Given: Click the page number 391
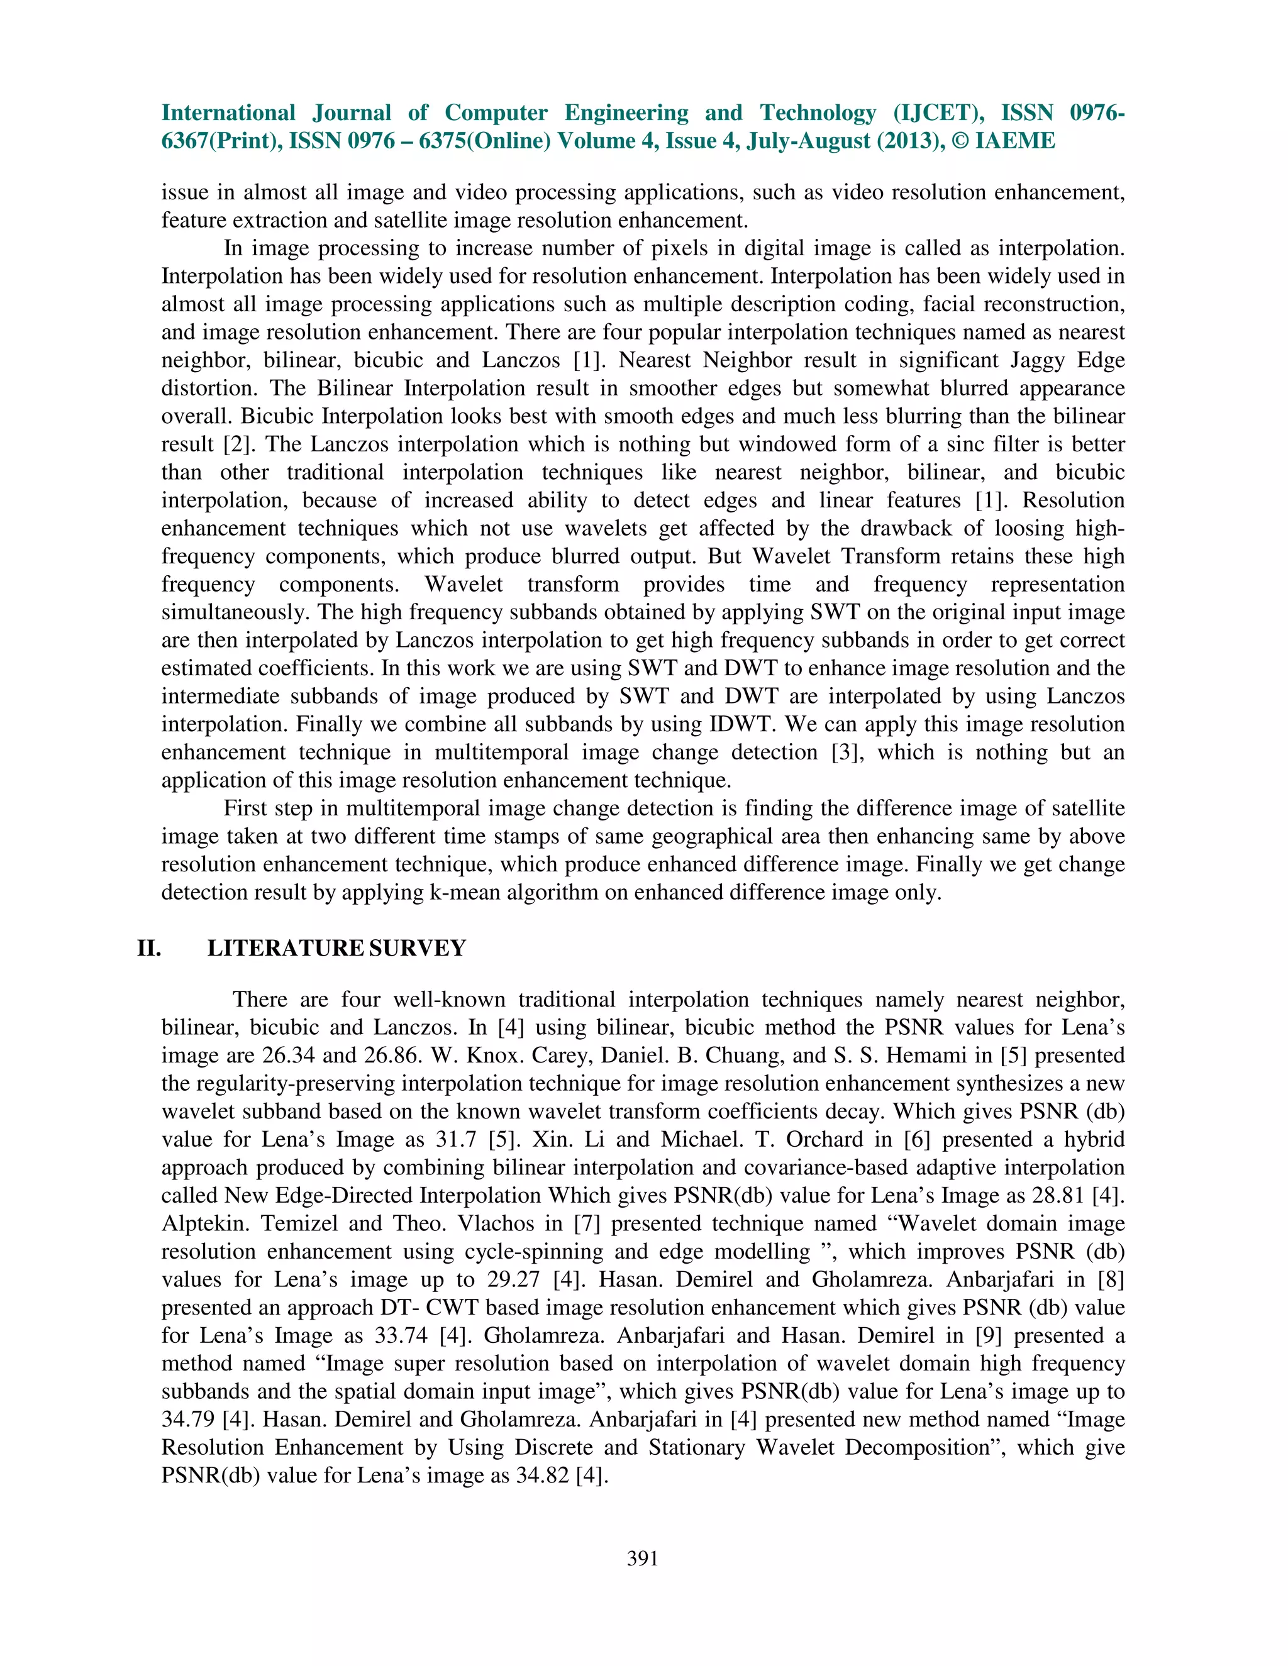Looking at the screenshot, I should [x=643, y=1558].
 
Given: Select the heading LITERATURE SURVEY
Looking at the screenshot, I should [x=336, y=948].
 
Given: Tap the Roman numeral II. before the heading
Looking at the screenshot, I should [x=149, y=948].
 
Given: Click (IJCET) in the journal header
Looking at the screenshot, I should [x=938, y=113].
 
